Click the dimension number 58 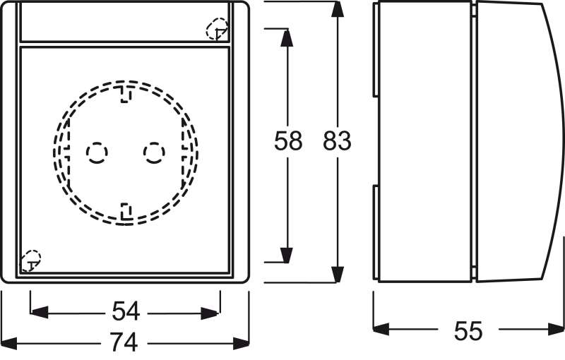pos(288,140)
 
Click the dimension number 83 pos(337,140)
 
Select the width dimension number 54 pos(126,312)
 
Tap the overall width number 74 pos(124,342)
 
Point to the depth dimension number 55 pos(468,331)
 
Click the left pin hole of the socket pos(97,153)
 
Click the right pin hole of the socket pos(154,153)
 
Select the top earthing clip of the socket pos(126,94)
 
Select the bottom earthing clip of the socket pos(126,212)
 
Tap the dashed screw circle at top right pos(217,29)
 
